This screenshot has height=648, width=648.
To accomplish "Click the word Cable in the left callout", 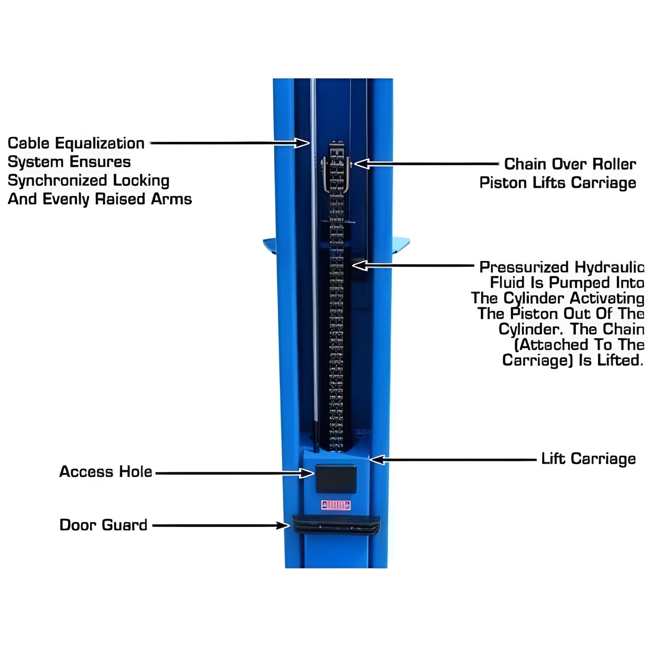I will [29, 144].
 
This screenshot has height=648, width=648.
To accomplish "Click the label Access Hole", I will [106, 472].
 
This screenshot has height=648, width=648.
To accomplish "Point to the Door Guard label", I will [103, 525].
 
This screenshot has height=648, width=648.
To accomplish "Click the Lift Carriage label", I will [588, 459].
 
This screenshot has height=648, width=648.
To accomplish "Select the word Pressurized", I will [524, 267].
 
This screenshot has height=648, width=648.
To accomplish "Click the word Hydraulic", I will [609, 267].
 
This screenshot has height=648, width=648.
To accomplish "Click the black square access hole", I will [336, 478].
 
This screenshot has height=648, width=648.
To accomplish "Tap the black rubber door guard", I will [336, 525].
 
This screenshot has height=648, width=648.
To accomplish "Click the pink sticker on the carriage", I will [336, 505].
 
